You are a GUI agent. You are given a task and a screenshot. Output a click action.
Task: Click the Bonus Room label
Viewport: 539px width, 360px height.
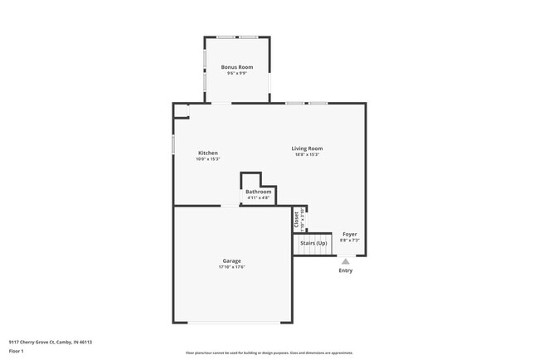(236, 67)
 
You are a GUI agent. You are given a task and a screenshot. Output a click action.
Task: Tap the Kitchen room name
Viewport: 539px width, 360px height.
(208, 153)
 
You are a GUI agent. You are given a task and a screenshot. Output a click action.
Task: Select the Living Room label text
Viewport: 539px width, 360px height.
(307, 148)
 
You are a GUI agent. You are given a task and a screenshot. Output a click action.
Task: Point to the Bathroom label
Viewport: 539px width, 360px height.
(258, 192)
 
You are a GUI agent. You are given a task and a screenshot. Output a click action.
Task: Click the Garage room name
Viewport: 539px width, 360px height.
(231, 260)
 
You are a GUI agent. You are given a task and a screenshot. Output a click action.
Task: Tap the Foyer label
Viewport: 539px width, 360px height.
(350, 234)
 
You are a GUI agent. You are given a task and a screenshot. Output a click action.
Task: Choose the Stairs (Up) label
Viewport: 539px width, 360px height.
(313, 243)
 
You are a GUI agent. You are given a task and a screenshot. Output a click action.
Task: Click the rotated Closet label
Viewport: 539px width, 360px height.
(296, 219)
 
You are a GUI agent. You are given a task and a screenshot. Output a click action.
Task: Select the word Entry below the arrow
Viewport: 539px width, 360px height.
(346, 270)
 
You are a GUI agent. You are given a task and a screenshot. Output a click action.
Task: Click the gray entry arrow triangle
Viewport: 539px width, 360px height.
(346, 261)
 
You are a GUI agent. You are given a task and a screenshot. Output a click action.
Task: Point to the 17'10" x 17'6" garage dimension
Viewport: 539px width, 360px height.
(231, 267)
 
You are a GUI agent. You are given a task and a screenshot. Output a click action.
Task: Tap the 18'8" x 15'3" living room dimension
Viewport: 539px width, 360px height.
(307, 154)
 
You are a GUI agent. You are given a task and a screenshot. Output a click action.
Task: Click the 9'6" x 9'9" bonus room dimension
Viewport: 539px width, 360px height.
(236, 73)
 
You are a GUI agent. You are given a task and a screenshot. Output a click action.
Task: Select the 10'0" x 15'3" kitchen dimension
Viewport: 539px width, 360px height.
(208, 159)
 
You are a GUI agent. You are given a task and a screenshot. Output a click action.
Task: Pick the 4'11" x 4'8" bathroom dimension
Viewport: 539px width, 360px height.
(258, 197)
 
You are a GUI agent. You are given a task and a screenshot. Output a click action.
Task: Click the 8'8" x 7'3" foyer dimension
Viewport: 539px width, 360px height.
(350, 240)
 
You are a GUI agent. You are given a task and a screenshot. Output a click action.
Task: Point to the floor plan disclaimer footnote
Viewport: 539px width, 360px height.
(269, 353)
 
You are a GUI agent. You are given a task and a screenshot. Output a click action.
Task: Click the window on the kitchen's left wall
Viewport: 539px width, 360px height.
(173, 144)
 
